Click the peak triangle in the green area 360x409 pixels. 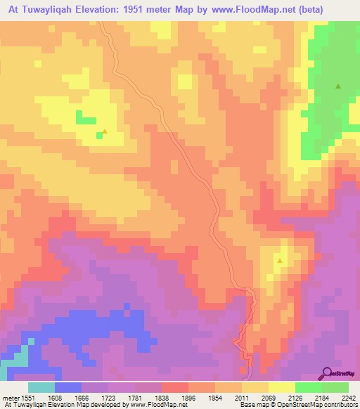tap(338, 87)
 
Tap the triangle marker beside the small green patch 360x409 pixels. tap(105, 131)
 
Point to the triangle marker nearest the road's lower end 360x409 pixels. tap(280, 261)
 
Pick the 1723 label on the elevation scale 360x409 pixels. tap(108, 397)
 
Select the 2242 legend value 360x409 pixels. tap(347, 397)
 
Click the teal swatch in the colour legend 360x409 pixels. tap(41, 387)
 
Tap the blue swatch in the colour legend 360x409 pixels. tap(68, 387)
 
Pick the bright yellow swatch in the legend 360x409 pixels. tap(281, 387)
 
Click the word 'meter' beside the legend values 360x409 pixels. tap(11, 397)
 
